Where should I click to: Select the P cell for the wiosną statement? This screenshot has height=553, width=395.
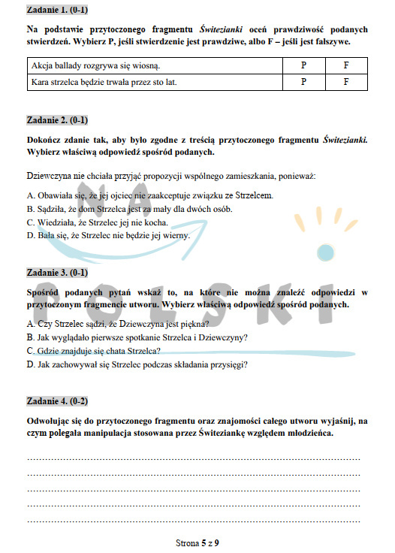(303, 66)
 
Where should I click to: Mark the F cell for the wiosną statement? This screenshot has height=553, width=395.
(346, 66)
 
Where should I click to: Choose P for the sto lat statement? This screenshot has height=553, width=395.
(303, 82)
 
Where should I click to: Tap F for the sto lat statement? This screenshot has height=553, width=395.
(346, 82)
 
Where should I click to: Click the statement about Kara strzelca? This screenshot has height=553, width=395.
(104, 82)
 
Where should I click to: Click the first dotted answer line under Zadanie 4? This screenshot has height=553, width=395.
(194, 458)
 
